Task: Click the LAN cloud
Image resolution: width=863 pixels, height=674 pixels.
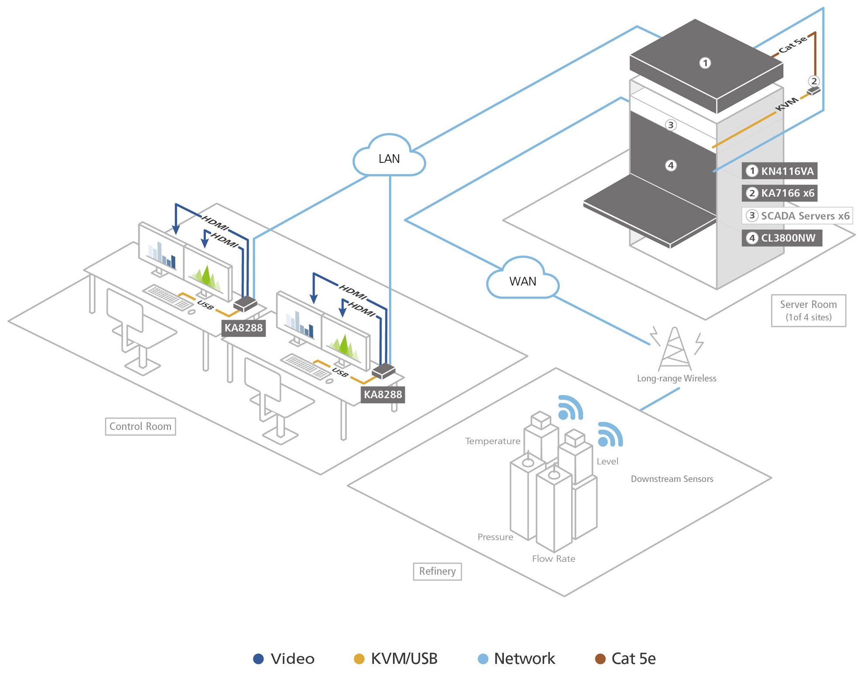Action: point(389,158)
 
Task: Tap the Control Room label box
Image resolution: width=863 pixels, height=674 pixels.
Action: point(140,426)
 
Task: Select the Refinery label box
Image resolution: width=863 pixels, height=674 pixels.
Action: point(437,571)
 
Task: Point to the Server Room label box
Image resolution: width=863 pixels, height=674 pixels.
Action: point(808,310)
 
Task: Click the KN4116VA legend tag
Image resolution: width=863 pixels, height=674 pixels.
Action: point(779,171)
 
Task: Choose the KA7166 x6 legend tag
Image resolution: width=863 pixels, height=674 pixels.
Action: point(779,193)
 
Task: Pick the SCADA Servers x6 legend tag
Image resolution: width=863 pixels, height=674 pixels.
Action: point(797,216)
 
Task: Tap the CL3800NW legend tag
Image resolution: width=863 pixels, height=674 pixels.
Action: point(781,238)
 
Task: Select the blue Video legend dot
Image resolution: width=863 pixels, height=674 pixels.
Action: point(258,659)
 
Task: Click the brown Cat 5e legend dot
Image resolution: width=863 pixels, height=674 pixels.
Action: point(600,659)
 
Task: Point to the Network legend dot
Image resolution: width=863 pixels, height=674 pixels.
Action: point(483,659)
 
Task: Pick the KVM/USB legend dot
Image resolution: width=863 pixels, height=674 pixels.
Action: point(359,659)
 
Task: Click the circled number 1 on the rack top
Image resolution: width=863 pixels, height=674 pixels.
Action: point(705,63)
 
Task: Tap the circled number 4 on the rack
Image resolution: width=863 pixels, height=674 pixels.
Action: point(671,165)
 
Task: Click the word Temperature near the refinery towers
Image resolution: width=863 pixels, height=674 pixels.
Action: point(493,441)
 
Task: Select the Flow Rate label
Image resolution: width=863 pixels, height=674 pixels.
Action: point(553,559)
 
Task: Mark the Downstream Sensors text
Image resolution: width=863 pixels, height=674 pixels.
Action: point(672,479)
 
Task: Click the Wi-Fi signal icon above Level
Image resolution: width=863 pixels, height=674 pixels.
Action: point(610,435)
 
